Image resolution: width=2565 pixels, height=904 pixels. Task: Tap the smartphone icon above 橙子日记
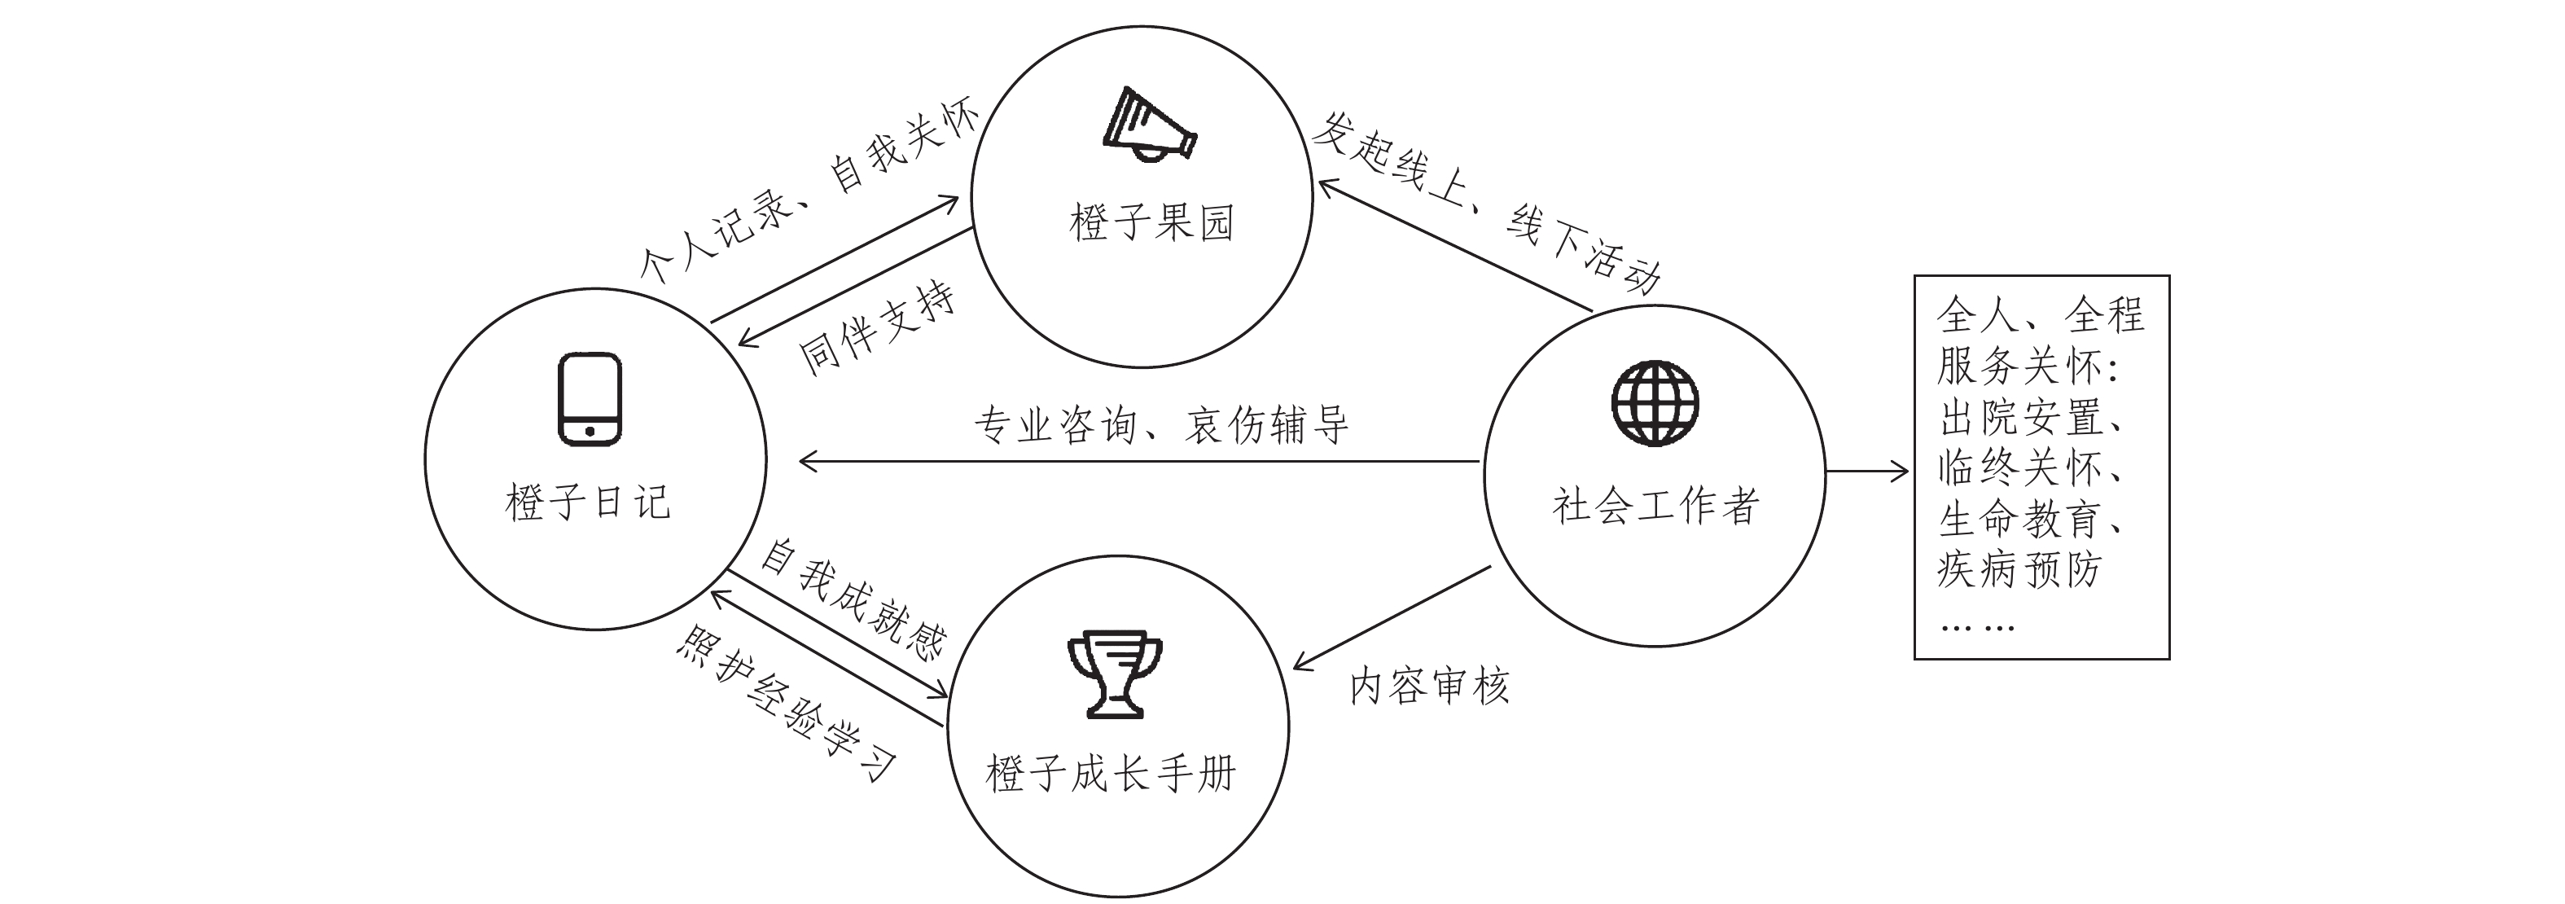point(590,399)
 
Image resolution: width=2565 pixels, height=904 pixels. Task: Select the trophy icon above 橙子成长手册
point(1116,672)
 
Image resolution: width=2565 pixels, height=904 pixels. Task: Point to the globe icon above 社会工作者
point(1655,402)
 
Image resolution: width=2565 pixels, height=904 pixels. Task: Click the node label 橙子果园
point(1152,222)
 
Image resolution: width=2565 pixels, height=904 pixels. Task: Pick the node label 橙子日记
point(589,502)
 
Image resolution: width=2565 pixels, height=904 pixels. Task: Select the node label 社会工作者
point(1655,506)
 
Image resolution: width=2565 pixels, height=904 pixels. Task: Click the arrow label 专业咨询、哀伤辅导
point(1161,425)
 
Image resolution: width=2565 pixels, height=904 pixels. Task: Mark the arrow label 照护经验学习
point(787,703)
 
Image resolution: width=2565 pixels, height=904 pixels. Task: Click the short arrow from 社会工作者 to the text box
point(1868,471)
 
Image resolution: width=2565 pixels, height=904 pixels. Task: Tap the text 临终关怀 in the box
point(2021,467)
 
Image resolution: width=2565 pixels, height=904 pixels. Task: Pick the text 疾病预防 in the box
point(2019,569)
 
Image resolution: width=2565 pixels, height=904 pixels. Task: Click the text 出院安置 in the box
point(2021,417)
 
